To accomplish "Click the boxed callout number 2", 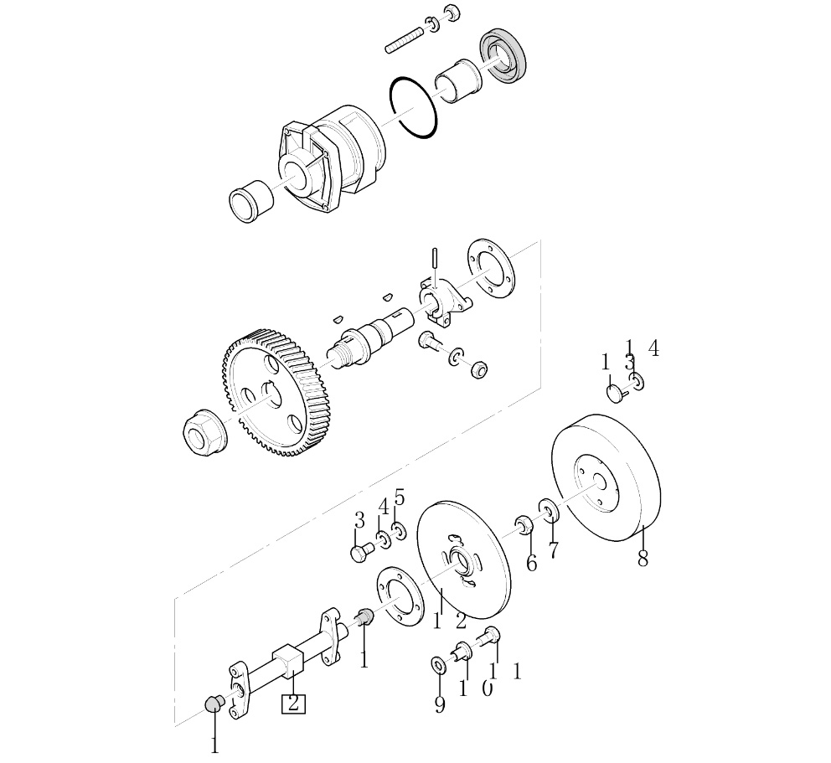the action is point(293,704).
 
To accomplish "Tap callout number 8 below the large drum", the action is point(643,558).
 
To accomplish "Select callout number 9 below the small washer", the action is point(439,704).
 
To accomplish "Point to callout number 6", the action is point(531,563).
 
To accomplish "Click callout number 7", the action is point(553,550).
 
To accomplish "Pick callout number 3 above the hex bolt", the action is point(359,520).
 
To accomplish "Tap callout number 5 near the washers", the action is point(400,498).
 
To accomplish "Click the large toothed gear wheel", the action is point(269,392).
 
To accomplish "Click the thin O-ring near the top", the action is point(413,108).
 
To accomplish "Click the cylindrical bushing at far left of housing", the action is point(250,201).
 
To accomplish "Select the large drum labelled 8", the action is point(606,477).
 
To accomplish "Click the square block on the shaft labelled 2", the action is point(288,661).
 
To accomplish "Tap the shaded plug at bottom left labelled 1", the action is point(214,704).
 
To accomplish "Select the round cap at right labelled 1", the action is point(615,394).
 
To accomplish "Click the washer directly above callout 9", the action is point(439,665).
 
